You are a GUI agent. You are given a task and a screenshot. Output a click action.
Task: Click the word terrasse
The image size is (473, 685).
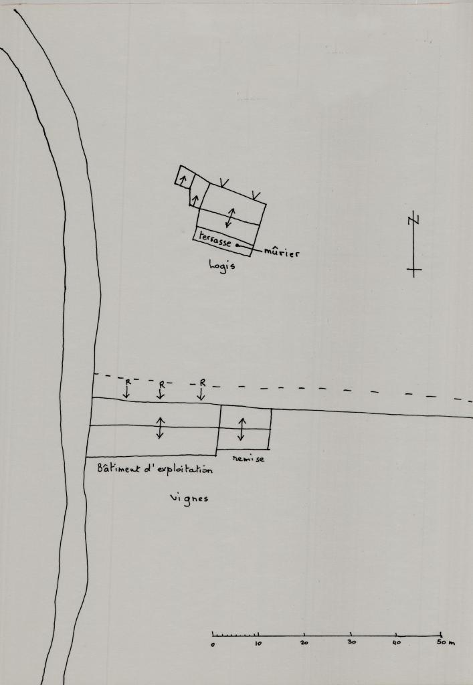pyautogui.click(x=215, y=239)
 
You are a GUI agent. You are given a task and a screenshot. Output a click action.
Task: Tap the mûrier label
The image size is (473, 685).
pyautogui.click(x=282, y=252)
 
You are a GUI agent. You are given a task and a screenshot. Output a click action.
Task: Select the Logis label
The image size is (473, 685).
pyautogui.click(x=222, y=266)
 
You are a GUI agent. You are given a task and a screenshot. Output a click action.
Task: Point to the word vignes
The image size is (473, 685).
pyautogui.click(x=189, y=498)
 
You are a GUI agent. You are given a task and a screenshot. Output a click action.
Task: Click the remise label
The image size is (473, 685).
pyautogui.click(x=248, y=459)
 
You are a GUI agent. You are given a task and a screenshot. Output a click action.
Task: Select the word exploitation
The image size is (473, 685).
pyautogui.click(x=185, y=470)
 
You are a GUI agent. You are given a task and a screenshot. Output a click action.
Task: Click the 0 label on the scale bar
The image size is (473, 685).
pyautogui.click(x=213, y=644)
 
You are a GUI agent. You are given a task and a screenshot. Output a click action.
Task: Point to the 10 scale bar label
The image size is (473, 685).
pyautogui.click(x=258, y=644)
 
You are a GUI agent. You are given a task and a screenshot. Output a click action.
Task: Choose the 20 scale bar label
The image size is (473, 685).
pyautogui.click(x=304, y=643)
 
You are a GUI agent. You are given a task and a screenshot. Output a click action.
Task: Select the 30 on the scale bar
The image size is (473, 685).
pyautogui.click(x=352, y=642)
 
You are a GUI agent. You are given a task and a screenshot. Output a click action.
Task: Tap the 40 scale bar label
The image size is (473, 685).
pyautogui.click(x=396, y=643)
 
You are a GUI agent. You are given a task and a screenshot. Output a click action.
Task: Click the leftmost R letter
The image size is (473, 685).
pyautogui.click(x=128, y=382)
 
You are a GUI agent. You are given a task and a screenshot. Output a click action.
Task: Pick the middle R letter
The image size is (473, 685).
pyautogui.click(x=162, y=385)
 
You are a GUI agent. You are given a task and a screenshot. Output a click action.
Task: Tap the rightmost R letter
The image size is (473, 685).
pyautogui.click(x=203, y=383)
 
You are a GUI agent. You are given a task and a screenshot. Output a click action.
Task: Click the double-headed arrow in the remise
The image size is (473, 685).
pyautogui.click(x=242, y=429)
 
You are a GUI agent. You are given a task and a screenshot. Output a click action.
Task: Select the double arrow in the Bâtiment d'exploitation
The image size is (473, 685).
pyautogui.click(x=160, y=427)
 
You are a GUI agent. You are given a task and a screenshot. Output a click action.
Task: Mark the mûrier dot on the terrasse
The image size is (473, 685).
pyautogui.click(x=237, y=245)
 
